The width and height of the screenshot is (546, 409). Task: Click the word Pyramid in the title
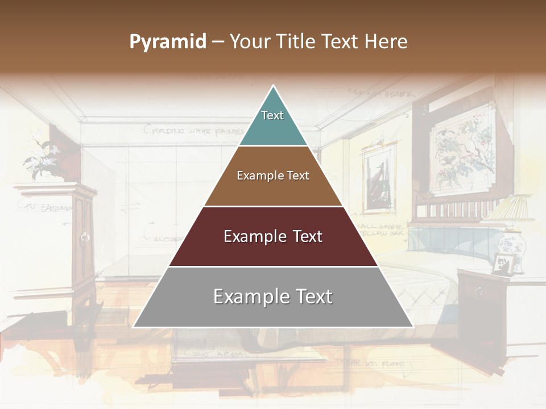click(x=167, y=42)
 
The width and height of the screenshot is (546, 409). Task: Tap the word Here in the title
click(x=386, y=41)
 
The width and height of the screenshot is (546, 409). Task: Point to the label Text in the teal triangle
click(x=272, y=115)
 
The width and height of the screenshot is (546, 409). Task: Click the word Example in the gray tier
click(x=248, y=297)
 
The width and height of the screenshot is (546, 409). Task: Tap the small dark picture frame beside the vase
click(x=503, y=264)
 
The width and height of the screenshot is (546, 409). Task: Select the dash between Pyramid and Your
click(x=218, y=42)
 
